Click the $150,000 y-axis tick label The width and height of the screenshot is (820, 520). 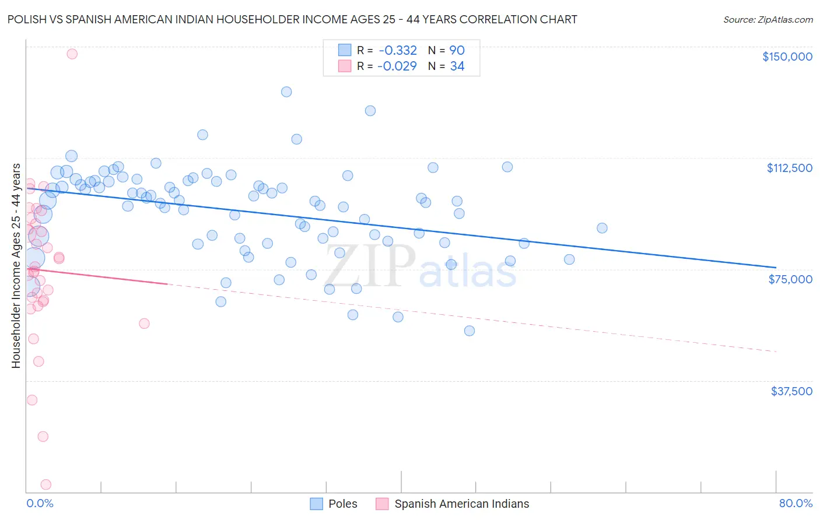point(787,57)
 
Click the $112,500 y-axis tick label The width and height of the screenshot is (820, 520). point(789,168)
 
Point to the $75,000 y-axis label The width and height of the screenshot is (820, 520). point(790,279)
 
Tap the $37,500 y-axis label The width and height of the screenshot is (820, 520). point(791,391)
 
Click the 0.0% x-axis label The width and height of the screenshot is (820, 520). point(40,504)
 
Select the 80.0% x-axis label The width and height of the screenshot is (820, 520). point(796,504)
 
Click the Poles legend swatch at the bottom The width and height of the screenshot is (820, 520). point(316,504)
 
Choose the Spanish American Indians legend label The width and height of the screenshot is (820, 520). point(461,504)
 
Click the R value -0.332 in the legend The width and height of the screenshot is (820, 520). point(397,51)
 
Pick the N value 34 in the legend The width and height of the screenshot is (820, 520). point(457,66)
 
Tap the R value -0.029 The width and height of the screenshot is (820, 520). point(397,66)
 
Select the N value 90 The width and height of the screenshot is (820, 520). point(457,51)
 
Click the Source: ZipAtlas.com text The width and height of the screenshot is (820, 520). point(768,20)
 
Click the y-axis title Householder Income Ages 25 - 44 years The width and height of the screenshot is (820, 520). point(16,266)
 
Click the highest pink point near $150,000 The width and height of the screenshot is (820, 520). point(72,54)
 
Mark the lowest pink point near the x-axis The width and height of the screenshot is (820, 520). point(46,484)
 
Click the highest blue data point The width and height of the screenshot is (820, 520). point(286,92)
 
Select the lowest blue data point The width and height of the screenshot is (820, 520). point(469,331)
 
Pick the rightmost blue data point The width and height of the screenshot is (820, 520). point(602,228)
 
